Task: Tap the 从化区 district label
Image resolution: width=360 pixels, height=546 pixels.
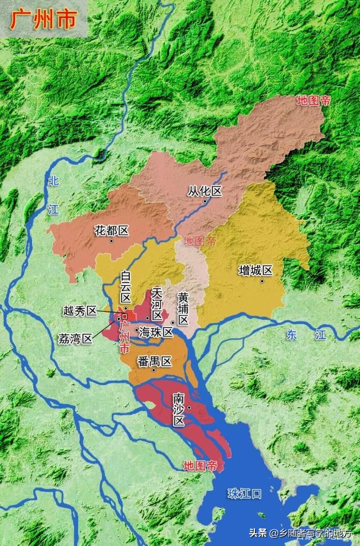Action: pyautogui.click(x=205, y=191)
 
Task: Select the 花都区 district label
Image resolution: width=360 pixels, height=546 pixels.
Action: pyautogui.click(x=112, y=230)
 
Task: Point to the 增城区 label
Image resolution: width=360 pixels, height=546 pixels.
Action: pyautogui.click(x=255, y=271)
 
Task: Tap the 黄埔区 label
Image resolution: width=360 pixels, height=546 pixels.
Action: pyautogui.click(x=183, y=308)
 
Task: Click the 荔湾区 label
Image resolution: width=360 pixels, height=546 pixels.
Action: pyautogui.click(x=75, y=339)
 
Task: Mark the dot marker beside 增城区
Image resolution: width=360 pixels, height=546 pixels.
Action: pyautogui.click(x=262, y=280)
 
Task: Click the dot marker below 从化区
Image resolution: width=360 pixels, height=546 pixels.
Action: pyautogui.click(x=205, y=202)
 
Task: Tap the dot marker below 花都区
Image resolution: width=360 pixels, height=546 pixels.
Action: pyautogui.click(x=112, y=241)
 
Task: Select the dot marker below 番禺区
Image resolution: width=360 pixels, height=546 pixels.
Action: pyautogui.click(x=154, y=370)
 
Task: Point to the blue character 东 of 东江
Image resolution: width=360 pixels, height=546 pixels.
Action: pyautogui.click(x=291, y=334)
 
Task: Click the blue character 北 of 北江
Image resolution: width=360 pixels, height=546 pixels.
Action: pyautogui.click(x=53, y=181)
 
